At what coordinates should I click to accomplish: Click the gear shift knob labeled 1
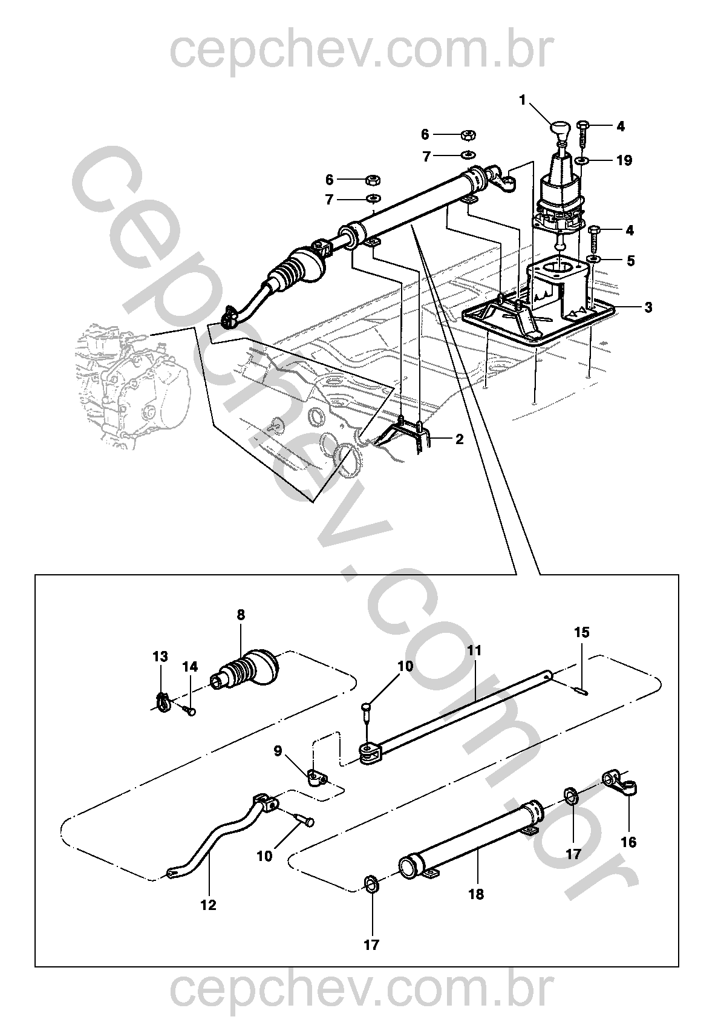click(560, 129)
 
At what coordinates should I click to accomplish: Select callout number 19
click(624, 160)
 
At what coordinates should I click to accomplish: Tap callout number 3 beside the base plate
click(648, 307)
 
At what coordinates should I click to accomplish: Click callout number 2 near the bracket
click(459, 439)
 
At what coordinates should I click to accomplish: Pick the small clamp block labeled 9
click(316, 777)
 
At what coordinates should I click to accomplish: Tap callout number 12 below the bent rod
click(208, 905)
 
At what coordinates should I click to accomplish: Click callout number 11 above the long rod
click(474, 651)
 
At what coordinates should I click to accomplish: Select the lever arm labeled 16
click(621, 782)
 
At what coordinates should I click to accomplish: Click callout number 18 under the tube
click(476, 894)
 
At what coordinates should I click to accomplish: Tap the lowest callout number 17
click(371, 944)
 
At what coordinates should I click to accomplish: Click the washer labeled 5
click(594, 259)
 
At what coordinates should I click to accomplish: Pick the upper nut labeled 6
click(468, 135)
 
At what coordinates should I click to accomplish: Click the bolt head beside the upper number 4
click(583, 125)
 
